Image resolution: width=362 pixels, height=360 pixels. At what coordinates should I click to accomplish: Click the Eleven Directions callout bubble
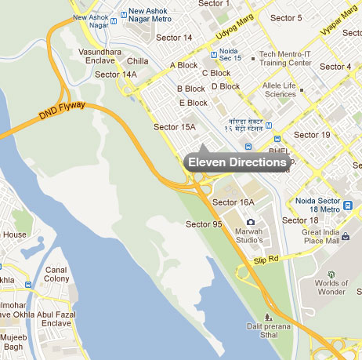coord(237,162)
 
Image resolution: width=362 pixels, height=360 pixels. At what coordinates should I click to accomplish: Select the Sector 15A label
coord(173,125)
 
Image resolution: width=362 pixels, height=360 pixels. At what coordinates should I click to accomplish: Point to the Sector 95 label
coord(204,225)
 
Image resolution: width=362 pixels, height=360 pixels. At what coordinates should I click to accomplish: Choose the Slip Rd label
coord(266,259)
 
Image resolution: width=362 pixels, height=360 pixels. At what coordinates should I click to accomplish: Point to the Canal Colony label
coord(56,274)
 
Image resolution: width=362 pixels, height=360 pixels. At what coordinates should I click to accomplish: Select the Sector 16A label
coord(237,202)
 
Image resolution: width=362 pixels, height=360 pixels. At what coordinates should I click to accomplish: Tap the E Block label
coord(193,103)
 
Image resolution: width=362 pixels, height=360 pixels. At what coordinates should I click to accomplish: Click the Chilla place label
coord(137,60)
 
